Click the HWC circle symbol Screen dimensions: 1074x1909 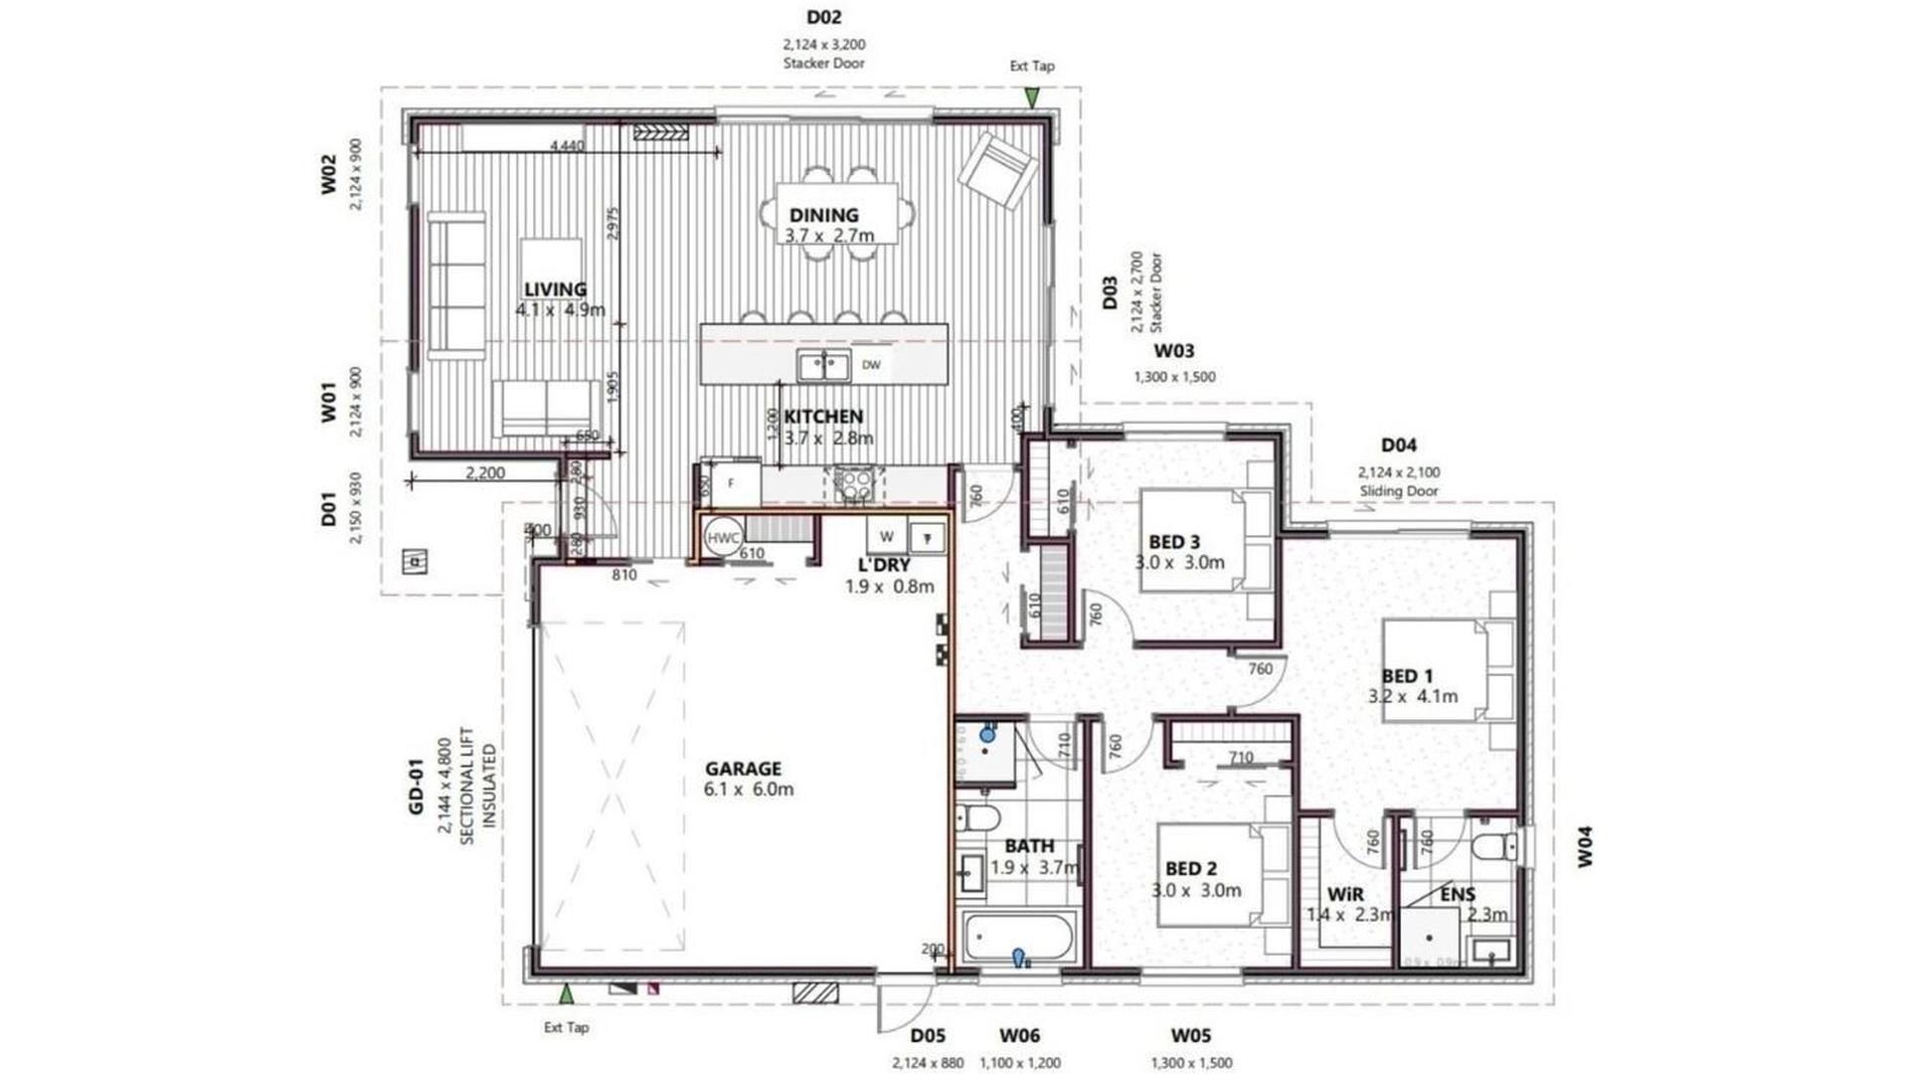(723, 538)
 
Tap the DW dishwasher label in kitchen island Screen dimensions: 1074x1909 (871, 365)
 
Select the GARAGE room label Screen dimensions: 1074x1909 (743, 769)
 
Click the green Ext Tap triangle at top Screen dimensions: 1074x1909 (1032, 97)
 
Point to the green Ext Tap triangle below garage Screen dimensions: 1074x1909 (566, 993)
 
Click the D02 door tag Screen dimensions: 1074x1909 (823, 17)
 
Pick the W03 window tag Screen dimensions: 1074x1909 (1173, 351)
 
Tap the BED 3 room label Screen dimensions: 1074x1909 (1173, 542)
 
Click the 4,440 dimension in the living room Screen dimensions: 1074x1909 (567, 146)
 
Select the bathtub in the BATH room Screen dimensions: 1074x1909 (1017, 938)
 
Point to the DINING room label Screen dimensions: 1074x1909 (823, 215)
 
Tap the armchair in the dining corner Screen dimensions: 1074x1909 (997, 170)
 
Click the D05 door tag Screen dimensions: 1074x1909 (927, 1036)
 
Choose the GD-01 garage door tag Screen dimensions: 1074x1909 (416, 787)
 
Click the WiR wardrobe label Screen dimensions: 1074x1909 (1344, 894)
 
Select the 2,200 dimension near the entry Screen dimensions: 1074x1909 (485, 473)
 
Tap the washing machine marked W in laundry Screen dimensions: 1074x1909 (886, 537)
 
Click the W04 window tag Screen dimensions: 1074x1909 (1585, 846)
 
